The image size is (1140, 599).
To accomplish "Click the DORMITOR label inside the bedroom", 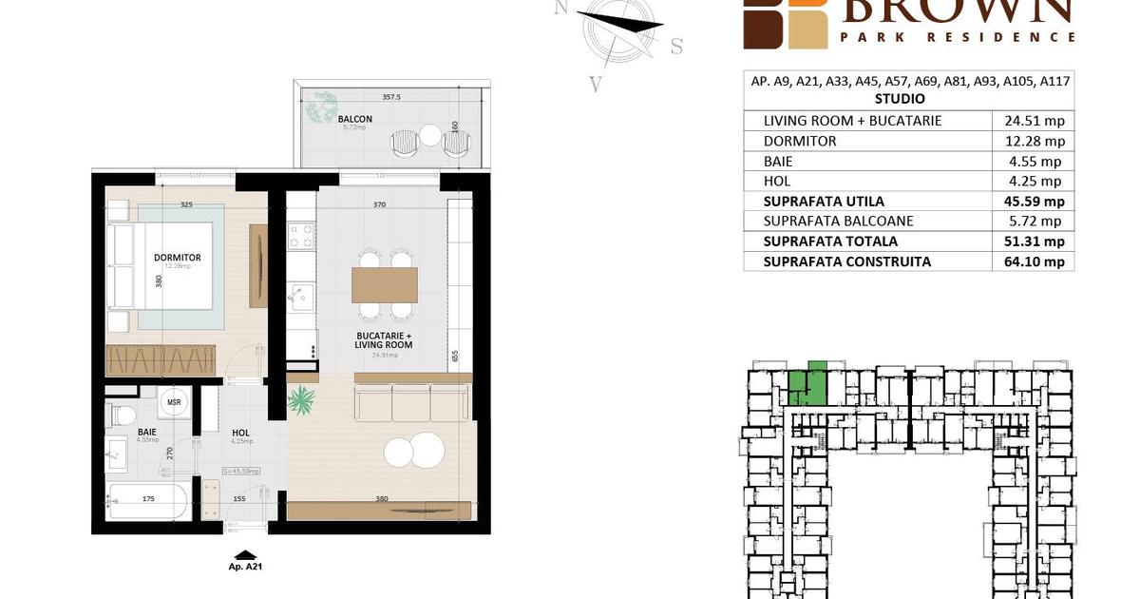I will coord(178,257).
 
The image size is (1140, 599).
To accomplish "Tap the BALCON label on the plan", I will coord(354,119).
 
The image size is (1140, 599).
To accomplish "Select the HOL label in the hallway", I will coord(241,433).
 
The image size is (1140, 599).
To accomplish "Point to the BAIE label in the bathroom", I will coord(146,431).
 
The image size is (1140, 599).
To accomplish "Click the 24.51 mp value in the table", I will coord(1035,121).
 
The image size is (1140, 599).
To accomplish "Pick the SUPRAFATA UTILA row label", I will coord(824,201).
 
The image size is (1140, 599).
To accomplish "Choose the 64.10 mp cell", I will coord(1035,261).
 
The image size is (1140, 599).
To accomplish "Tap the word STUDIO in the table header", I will coord(899,98).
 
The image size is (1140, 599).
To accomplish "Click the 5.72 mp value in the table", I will coord(1035,221).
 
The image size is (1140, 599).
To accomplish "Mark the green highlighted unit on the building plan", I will coord(807,385).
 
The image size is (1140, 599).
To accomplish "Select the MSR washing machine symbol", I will coord(174,401).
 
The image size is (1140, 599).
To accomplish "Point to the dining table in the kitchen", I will coord(385,284).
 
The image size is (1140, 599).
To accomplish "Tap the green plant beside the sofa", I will coord(302,400).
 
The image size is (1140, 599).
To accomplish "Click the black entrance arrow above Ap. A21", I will coord(245,554).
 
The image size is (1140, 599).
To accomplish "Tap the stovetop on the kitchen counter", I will coord(301,236).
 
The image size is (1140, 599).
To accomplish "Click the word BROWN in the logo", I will coord(956,10).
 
